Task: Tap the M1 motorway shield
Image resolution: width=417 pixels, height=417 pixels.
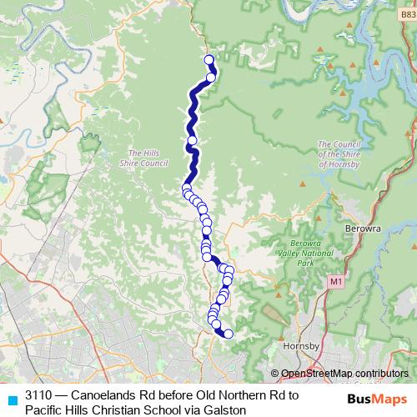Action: [x=335, y=283]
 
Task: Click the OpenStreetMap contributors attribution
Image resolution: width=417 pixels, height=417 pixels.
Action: [x=344, y=374]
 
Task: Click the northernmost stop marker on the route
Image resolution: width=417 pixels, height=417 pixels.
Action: [x=209, y=59]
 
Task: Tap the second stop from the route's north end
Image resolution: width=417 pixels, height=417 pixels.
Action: [x=211, y=78]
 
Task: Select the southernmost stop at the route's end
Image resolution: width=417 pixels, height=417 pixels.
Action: [x=228, y=334]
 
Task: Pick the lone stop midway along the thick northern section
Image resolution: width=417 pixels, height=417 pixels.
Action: [x=193, y=140]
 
